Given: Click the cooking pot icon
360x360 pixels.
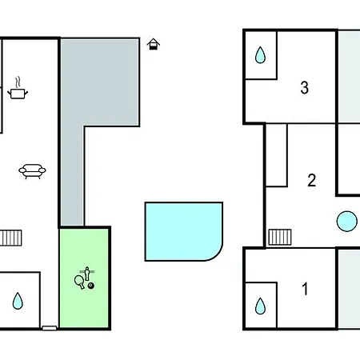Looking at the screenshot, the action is pos(18,94).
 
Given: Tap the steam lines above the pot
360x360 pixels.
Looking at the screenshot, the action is pos(18,82).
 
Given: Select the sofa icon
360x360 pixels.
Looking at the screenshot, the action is pos(32,171).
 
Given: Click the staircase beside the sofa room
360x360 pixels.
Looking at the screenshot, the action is pos(10,238).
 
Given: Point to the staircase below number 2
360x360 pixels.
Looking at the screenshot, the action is pos(280,237).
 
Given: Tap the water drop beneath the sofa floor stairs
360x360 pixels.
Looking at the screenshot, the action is pos(18,301).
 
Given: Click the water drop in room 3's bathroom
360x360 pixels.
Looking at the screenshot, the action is pos(260,55).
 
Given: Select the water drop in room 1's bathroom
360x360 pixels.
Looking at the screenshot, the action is pos(260,306).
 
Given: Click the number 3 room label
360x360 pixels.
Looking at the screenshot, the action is pos(305,87).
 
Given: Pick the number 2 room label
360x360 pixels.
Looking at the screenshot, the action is pos(312,180).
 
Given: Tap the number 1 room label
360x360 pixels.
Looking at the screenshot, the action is pos(305,289).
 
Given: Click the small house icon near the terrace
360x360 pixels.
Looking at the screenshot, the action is pos(154,44).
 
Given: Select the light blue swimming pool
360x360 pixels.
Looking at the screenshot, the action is pos(184,231).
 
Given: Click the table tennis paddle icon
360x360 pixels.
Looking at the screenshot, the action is pos(79,282).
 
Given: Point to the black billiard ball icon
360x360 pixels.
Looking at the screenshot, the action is pos(91,286).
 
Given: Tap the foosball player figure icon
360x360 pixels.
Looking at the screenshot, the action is pos(87,273).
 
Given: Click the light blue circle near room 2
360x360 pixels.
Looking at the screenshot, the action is pos(347,222).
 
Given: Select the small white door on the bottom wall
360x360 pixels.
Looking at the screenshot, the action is pos(50,328).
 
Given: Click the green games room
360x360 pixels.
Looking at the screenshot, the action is pos(84,278).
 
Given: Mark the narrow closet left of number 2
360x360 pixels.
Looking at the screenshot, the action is pos(277,155).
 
